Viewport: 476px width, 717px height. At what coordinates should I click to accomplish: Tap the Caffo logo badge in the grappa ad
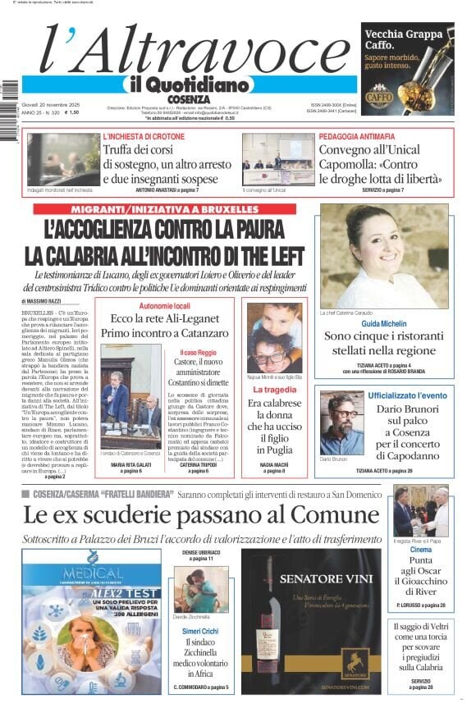tap(378, 97)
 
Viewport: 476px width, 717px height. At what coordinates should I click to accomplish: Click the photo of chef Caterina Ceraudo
tap(384, 256)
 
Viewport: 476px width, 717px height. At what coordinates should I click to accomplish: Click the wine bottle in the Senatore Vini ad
tap(268, 625)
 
